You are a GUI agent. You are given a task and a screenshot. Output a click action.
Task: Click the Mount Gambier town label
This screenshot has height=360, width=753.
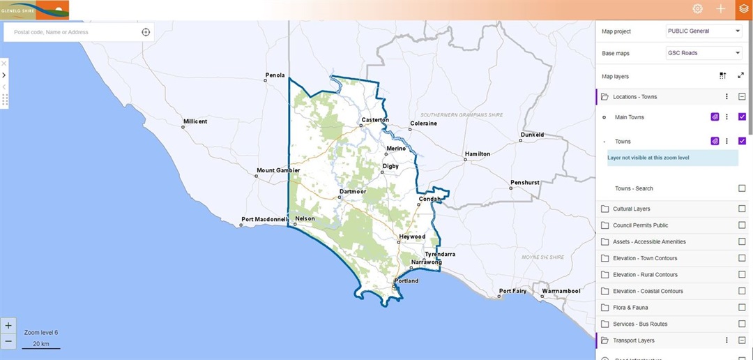[278, 170]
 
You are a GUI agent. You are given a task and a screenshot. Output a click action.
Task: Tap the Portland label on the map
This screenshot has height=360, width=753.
[406, 280]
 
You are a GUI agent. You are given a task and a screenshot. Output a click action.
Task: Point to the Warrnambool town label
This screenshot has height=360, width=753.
[561, 290]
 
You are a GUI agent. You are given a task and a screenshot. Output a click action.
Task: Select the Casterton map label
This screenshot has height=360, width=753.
[375, 120]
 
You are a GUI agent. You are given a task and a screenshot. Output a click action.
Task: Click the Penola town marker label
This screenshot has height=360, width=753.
[275, 75]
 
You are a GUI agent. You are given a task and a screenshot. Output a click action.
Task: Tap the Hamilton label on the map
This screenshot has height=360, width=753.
[478, 153]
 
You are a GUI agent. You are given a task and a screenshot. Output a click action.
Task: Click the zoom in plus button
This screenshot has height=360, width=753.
[8, 325]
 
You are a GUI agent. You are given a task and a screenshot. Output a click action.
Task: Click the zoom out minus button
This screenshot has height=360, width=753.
[8, 342]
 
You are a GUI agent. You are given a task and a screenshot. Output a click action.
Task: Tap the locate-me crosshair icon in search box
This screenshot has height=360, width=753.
[146, 32]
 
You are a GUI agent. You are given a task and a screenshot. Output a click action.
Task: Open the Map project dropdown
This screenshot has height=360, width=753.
[703, 31]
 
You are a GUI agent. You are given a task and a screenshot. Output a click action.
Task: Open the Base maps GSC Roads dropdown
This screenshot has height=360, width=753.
[703, 53]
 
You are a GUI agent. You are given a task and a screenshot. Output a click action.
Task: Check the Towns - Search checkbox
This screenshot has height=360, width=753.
[742, 188]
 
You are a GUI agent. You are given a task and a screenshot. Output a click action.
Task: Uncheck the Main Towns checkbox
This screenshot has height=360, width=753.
[742, 117]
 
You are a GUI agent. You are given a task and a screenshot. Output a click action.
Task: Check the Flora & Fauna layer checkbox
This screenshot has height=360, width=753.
[742, 308]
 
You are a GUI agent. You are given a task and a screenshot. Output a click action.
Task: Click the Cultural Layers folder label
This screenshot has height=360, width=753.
[632, 209]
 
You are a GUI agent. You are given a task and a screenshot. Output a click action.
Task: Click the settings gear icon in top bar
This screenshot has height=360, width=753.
[697, 9]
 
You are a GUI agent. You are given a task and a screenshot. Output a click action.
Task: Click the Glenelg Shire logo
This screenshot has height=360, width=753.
[35, 10]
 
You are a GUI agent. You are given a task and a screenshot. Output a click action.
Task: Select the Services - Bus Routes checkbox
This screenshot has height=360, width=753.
[742, 324]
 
